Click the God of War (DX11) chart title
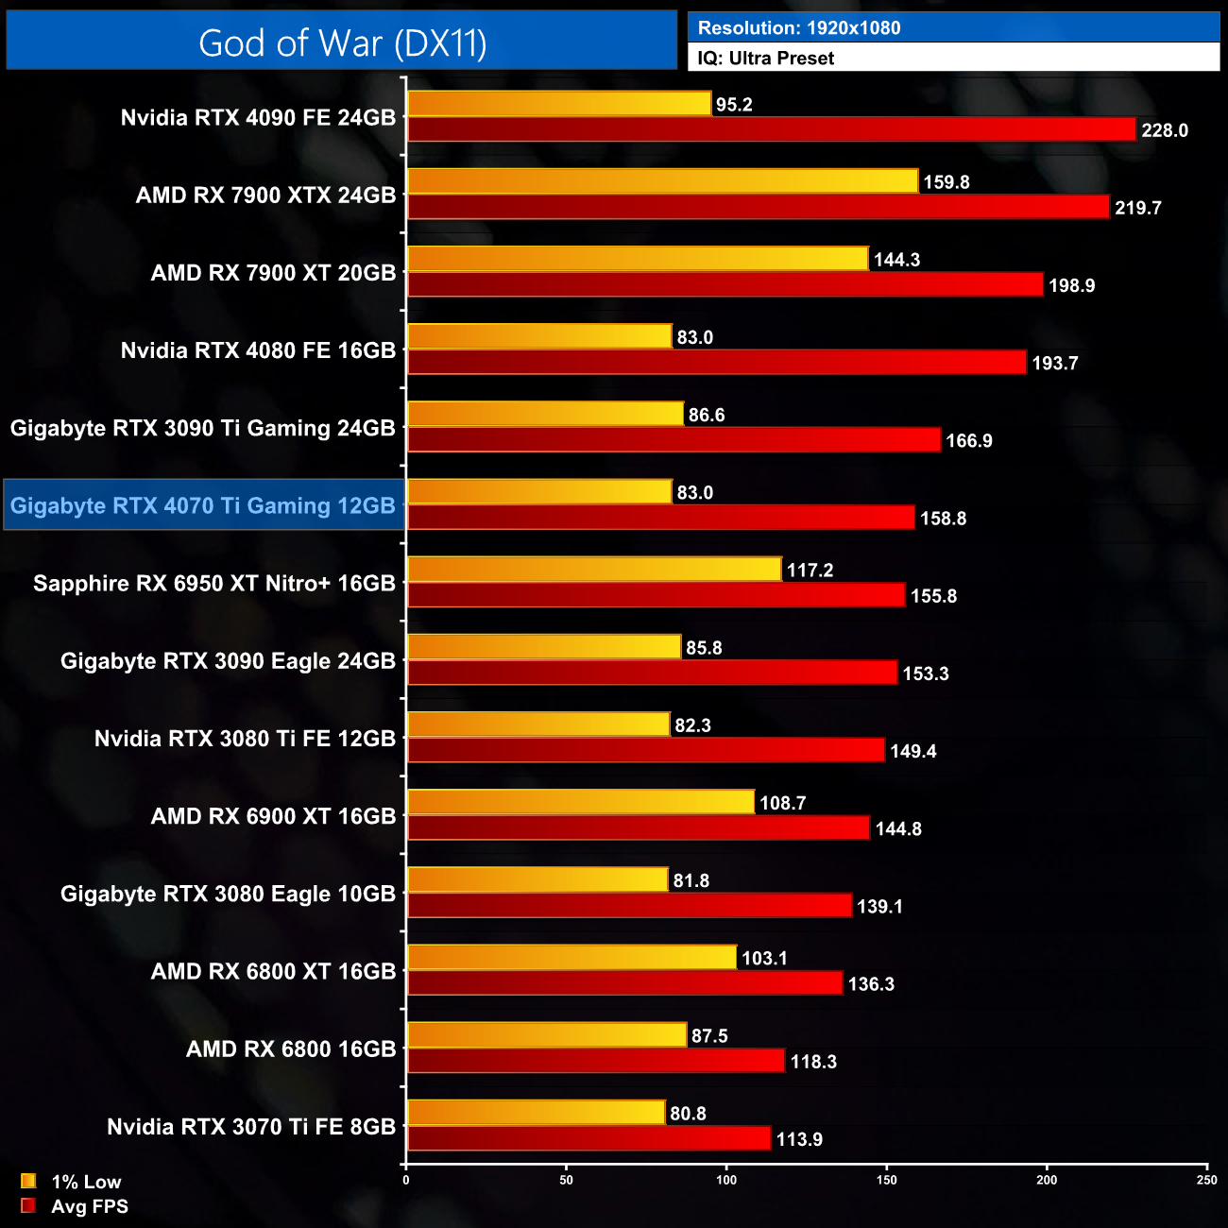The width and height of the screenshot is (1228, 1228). click(342, 43)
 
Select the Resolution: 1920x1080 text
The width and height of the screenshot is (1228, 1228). click(799, 28)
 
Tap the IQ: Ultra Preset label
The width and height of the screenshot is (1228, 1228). click(765, 59)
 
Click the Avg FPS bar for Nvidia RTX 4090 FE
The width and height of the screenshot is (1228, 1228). click(771, 130)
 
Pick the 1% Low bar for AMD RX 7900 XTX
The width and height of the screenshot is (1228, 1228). click(662, 181)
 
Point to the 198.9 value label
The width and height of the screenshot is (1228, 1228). click(1072, 285)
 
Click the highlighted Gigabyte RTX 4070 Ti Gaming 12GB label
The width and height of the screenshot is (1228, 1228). click(203, 505)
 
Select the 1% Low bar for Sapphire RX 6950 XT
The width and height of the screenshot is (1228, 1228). click(594, 570)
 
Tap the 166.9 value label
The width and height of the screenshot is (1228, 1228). click(969, 441)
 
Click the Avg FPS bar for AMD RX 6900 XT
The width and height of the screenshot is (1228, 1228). click(638, 828)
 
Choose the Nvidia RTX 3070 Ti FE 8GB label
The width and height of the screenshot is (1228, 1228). click(251, 1127)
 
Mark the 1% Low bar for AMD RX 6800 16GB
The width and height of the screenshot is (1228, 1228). click(546, 1035)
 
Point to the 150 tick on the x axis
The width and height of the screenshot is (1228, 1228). click(886, 1180)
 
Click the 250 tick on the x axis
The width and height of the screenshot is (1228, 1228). click(1206, 1180)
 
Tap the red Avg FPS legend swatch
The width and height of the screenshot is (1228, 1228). click(28, 1206)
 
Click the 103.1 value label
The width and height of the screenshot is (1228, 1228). click(764, 959)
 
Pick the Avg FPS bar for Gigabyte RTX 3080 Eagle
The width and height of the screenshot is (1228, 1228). click(629, 906)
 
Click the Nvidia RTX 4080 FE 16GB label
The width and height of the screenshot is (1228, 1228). click(258, 350)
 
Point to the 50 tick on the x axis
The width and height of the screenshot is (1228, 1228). click(566, 1180)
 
